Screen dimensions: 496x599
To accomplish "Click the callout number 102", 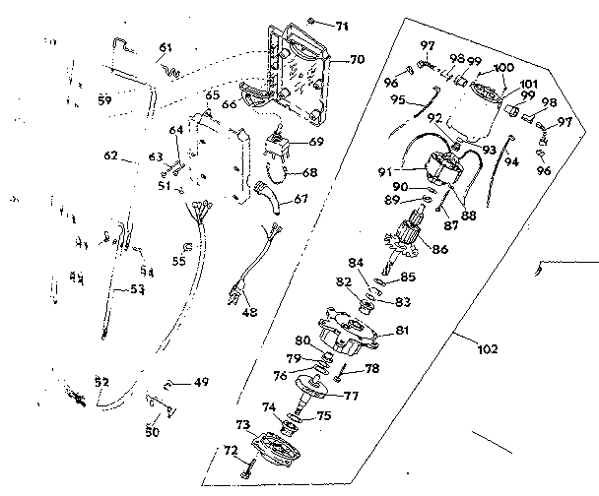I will [486, 348].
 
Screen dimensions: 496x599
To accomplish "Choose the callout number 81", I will [402, 331].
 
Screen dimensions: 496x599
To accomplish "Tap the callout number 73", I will [241, 423].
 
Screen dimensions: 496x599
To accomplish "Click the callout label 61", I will [164, 47].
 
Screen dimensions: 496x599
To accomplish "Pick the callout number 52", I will [100, 382].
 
